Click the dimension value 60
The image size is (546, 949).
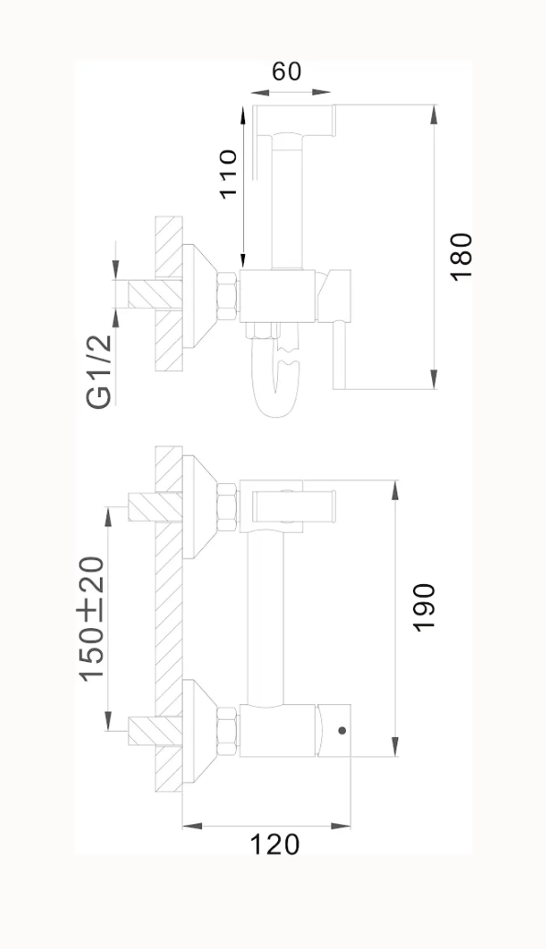pyautogui.click(x=286, y=72)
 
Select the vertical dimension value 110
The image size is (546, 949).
pyautogui.click(x=228, y=173)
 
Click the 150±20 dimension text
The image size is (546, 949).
pyautogui.click(x=92, y=619)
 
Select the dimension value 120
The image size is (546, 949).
pyautogui.click(x=274, y=844)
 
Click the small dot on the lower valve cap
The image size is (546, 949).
pyautogui.click(x=342, y=731)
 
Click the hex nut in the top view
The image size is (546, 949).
pyautogui.click(x=228, y=296)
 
